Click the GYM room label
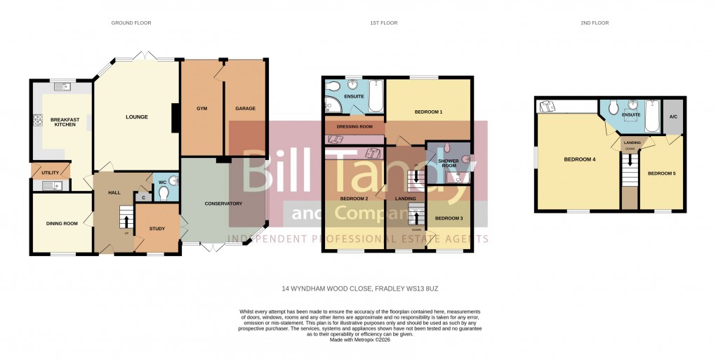point(202,109)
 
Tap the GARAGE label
point(245,109)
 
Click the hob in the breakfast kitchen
point(35,121)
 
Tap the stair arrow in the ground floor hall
point(126,222)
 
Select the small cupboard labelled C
point(143,197)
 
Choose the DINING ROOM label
point(61,223)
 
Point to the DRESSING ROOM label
point(354,126)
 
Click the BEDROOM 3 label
point(449,219)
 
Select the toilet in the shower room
point(466,159)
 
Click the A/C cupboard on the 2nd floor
point(672,116)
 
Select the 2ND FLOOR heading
point(594,23)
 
